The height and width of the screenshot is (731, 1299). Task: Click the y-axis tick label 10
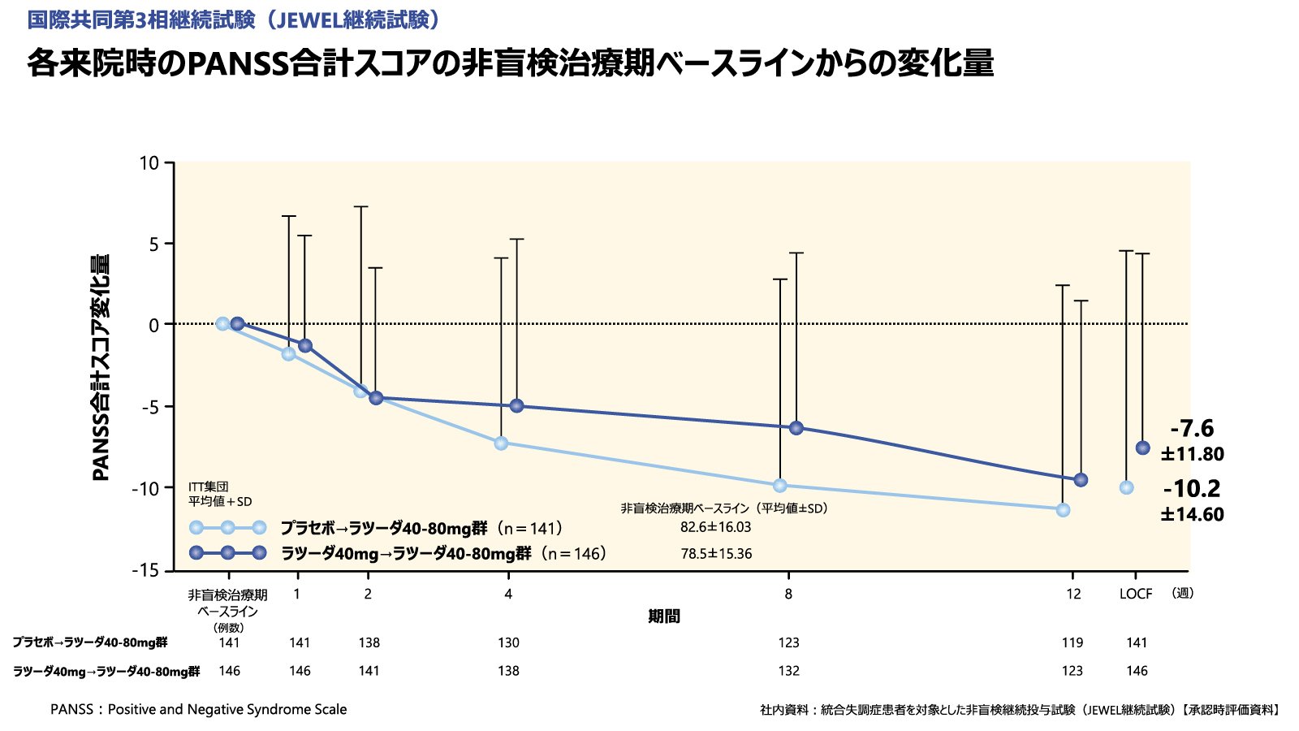pyautogui.click(x=149, y=163)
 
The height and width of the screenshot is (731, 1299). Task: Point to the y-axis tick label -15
pyautogui.click(x=146, y=570)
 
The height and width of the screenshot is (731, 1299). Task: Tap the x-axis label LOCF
pyautogui.click(x=1135, y=594)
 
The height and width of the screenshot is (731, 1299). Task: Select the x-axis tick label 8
pyautogui.click(x=788, y=594)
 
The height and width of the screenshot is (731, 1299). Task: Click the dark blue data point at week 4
pyautogui.click(x=516, y=405)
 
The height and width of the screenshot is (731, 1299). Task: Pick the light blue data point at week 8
pyautogui.click(x=780, y=486)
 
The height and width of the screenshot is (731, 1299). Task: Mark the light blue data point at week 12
pyautogui.click(x=1063, y=510)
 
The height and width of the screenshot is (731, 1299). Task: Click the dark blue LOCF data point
pyautogui.click(x=1142, y=448)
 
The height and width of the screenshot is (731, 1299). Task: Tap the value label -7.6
pyautogui.click(x=1192, y=428)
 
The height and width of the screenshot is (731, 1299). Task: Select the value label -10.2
pyautogui.click(x=1191, y=488)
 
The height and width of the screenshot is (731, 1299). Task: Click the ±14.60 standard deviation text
pyautogui.click(x=1192, y=514)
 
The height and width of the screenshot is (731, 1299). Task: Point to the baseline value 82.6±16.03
pyautogui.click(x=715, y=527)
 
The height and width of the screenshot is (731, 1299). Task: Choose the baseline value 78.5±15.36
pyautogui.click(x=716, y=554)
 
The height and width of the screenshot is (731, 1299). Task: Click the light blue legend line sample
pyautogui.click(x=228, y=527)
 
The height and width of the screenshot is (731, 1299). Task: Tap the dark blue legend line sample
pyautogui.click(x=228, y=553)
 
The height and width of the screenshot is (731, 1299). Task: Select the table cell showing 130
pyautogui.click(x=508, y=642)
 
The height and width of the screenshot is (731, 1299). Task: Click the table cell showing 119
pyautogui.click(x=1072, y=642)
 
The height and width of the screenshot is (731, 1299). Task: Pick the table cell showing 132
pyautogui.click(x=788, y=671)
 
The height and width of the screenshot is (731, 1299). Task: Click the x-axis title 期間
pyautogui.click(x=664, y=616)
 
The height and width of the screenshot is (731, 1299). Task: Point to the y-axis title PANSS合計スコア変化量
pyautogui.click(x=101, y=367)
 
